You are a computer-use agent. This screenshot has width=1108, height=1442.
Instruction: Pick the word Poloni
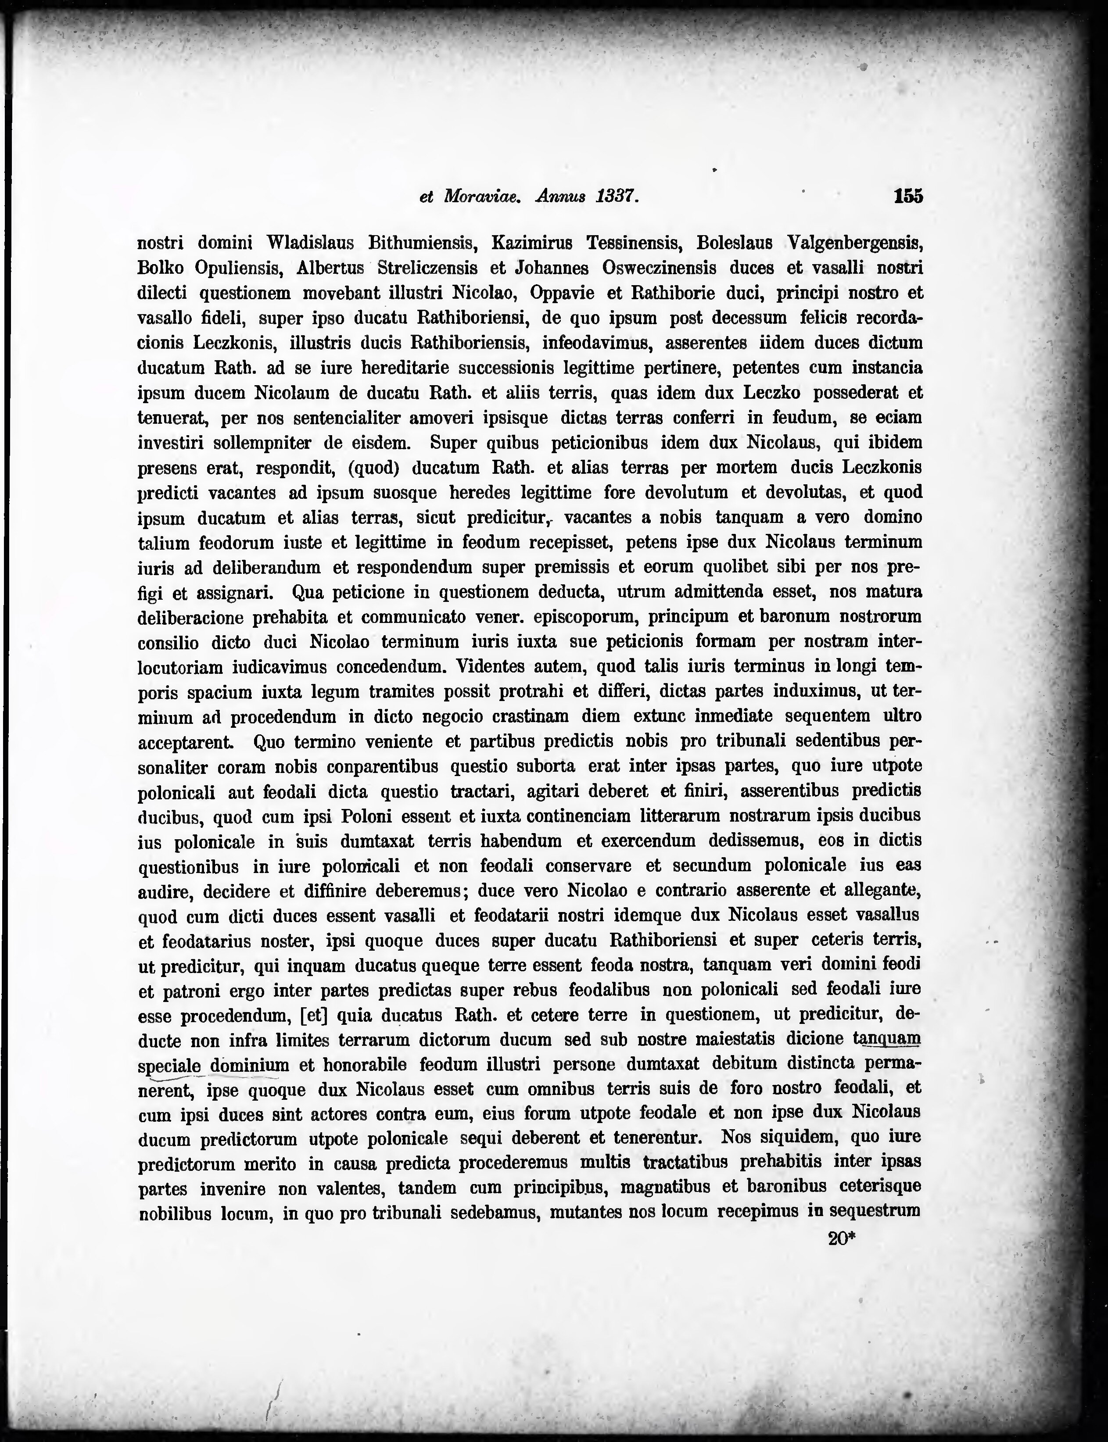(x=367, y=816)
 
